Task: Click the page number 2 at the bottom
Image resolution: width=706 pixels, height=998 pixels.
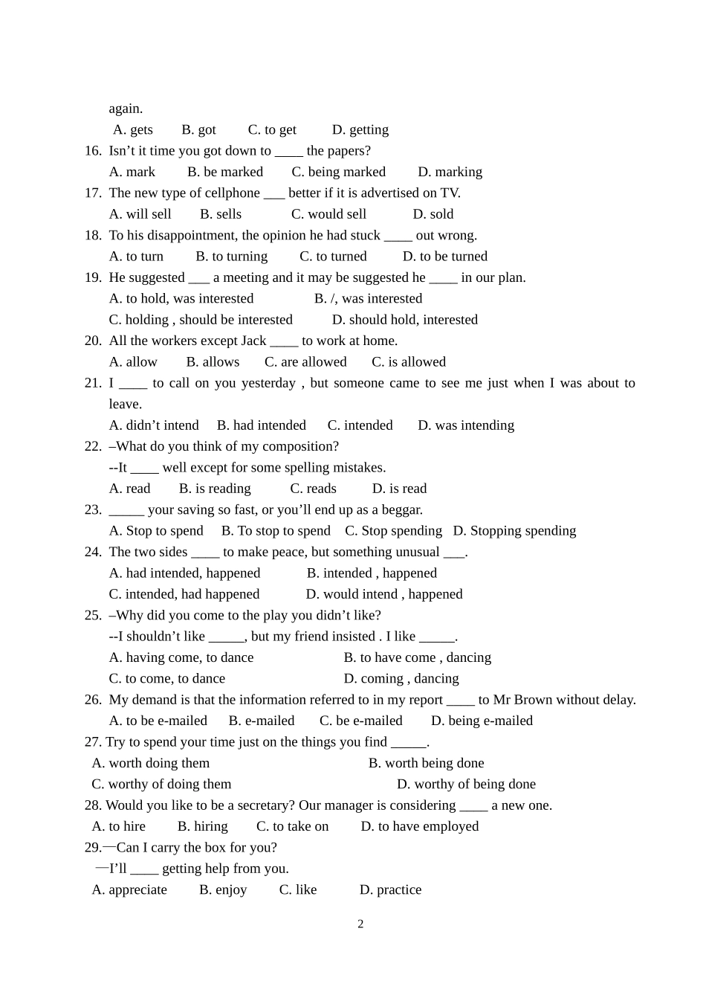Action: pos(360,924)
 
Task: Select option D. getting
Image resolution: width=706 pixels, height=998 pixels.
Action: pos(360,129)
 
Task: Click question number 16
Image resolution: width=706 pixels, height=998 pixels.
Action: pos(93,151)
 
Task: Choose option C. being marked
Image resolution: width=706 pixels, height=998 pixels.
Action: pos(338,172)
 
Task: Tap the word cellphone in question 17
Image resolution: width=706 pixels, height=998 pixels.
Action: pos(230,193)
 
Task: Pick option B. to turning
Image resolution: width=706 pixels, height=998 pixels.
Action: pos(231,257)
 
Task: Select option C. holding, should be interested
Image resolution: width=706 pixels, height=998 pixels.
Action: pos(201,320)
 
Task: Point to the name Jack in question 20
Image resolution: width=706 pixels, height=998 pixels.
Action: pos(253,341)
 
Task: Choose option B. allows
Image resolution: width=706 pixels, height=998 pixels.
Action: pos(213,362)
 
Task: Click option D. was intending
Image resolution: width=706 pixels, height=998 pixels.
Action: pos(465,425)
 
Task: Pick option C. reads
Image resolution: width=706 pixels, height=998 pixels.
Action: pos(313,489)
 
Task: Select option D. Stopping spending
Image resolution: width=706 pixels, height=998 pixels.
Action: pos(514,531)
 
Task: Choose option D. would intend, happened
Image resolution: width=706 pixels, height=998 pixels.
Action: pos(383,594)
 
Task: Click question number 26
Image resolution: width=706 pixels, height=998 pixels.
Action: pos(93,700)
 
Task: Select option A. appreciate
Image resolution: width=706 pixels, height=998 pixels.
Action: pos(129,890)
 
